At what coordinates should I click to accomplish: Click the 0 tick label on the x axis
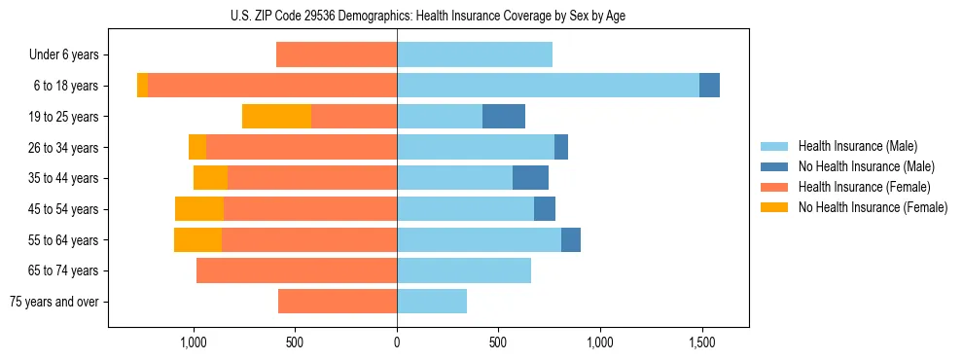[397, 342]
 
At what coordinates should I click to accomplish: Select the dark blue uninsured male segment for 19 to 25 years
[504, 117]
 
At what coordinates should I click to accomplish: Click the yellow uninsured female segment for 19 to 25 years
[276, 117]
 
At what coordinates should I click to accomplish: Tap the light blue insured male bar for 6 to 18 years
[548, 86]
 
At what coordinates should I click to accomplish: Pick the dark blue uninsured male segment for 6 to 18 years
[709, 86]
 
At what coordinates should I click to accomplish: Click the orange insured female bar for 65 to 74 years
[297, 270]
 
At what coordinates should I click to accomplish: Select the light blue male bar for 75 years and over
[432, 302]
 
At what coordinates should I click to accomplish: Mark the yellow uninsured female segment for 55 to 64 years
[197, 240]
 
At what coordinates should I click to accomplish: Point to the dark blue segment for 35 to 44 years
[530, 178]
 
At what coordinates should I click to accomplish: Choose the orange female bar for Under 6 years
[337, 55]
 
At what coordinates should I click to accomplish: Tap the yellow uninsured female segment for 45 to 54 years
[199, 209]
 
